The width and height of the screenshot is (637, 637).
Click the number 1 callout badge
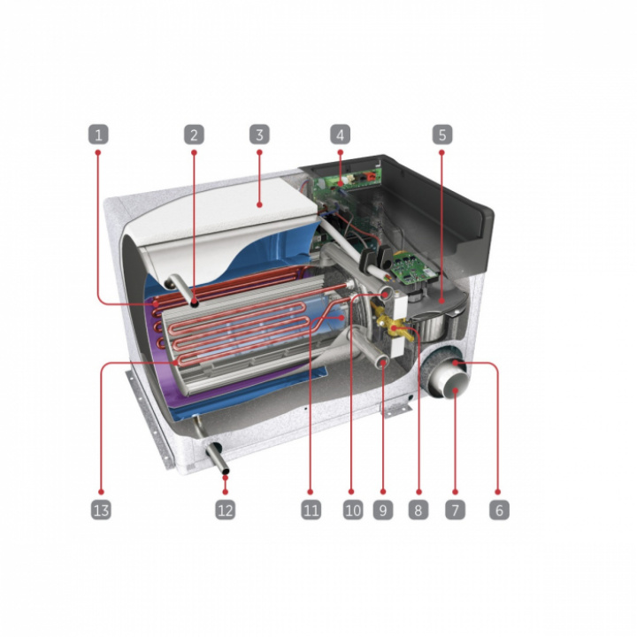98,134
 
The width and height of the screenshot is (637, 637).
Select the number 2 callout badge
194,134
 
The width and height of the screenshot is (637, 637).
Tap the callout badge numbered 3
259,134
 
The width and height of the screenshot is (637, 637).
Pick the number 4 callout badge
340,134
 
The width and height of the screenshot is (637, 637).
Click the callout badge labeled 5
442,134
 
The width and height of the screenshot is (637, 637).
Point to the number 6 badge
499,510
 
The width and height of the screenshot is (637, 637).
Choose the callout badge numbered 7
455,510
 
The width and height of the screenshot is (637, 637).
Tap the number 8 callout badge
418,510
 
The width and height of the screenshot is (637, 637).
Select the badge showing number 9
383,510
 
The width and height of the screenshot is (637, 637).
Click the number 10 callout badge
353,510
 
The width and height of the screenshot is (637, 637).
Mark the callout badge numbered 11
311,510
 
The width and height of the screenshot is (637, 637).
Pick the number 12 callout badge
225,510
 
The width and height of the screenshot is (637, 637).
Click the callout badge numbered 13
101,510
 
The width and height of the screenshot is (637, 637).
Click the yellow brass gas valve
388,323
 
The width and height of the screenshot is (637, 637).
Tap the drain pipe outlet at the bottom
218,459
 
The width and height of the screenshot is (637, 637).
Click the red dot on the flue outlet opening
456,390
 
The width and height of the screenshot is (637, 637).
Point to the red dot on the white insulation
259,205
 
